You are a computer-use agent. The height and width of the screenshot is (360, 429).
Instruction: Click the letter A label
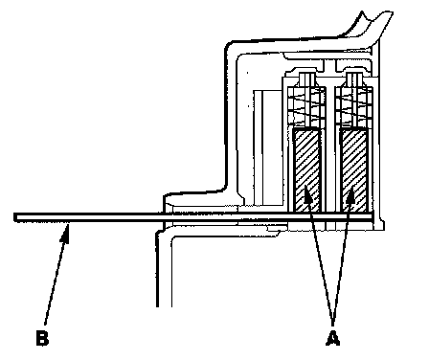[x=333, y=339]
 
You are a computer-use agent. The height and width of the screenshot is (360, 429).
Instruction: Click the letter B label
[x=42, y=339]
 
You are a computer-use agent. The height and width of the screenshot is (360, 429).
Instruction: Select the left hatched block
[x=306, y=170]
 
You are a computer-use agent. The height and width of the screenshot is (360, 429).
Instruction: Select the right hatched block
[x=354, y=170]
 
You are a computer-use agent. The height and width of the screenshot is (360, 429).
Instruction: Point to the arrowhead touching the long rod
[x=65, y=233]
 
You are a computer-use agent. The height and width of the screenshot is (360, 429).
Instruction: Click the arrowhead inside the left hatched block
[x=307, y=194]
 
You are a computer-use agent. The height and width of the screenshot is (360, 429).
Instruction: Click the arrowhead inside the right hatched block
[x=350, y=194]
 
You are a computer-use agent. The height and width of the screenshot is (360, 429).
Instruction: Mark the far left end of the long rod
[x=14, y=217]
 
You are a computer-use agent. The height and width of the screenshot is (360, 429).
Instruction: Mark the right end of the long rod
[x=372, y=217]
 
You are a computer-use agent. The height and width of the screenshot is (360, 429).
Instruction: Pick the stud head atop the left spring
[x=306, y=79]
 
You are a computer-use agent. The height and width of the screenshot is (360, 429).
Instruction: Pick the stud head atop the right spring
[x=354, y=79]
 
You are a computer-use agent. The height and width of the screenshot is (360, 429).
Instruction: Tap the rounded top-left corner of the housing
[x=229, y=45]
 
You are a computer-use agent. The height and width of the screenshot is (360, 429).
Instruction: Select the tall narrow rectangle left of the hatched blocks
[x=259, y=147]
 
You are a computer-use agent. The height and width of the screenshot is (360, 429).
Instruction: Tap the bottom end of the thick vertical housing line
[x=157, y=305]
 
